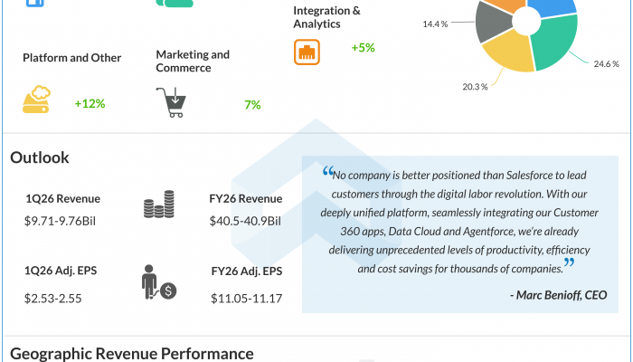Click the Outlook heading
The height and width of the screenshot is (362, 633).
pos(40,157)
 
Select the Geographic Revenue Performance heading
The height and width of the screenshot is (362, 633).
pos(132,353)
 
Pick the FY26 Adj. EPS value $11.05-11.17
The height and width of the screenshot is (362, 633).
pos(246,297)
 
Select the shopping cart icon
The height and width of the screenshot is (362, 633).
pos(172,102)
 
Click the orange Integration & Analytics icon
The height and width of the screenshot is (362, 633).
pos(307,51)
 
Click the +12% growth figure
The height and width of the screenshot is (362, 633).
pos(90,104)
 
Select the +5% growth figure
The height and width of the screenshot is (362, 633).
pos(364,47)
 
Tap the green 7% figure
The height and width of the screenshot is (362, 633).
pos(252,105)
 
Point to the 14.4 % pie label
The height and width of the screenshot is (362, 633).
pos(435,24)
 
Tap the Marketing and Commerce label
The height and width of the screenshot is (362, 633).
pos(193,61)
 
